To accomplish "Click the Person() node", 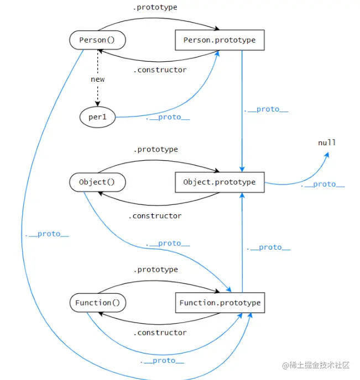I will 98,40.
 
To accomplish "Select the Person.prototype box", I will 220,40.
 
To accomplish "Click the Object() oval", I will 98,182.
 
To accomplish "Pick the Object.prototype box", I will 220,182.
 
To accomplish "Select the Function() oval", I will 98,303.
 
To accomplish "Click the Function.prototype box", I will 220,303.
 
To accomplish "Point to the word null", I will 327,142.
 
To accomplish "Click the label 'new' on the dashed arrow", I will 98,79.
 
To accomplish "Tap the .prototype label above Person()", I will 155,8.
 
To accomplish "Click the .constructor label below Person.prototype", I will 160,70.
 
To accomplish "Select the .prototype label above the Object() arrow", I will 155,149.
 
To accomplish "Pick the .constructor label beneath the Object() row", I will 155,215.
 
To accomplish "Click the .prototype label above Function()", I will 155,270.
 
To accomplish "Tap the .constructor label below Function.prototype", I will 160,332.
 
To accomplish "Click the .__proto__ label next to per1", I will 167,118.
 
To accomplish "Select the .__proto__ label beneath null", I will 322,184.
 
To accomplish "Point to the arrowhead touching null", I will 326,155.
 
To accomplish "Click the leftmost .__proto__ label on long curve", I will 46,234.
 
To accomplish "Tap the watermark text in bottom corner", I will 316,365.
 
